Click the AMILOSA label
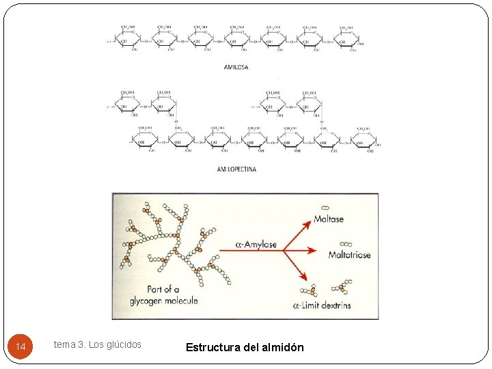click(236, 67)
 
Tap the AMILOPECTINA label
click(236, 169)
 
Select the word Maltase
click(329, 219)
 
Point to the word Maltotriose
click(349, 255)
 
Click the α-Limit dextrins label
click(322, 305)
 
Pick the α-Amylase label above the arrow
click(256, 244)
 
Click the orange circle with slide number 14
click(20, 347)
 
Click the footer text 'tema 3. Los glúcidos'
click(98, 344)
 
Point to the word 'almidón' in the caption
click(282, 347)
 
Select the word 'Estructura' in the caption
click(213, 347)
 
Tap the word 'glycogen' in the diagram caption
click(152, 301)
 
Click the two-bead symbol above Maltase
click(325, 208)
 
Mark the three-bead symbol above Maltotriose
click(346, 243)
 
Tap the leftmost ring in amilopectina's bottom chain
click(144, 140)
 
